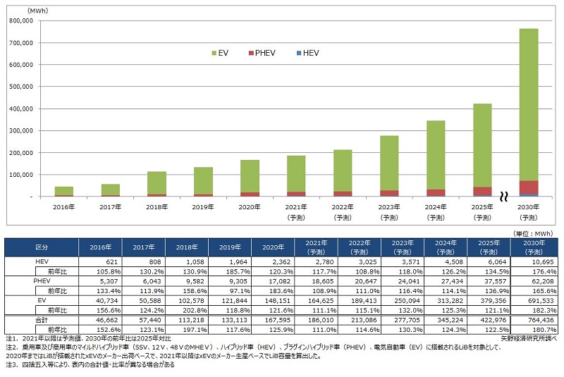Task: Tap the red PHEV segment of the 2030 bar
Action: click(528, 187)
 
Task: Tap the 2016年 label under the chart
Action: click(63, 206)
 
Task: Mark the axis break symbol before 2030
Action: click(503, 197)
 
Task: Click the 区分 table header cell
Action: click(42, 247)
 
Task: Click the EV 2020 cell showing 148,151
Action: click(272, 300)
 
